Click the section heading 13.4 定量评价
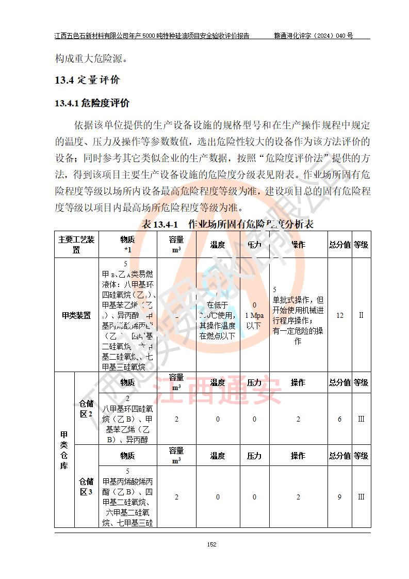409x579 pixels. tap(87, 80)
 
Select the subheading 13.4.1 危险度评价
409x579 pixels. tap(92, 103)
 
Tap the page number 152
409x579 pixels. tap(211, 544)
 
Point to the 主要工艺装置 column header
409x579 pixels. tap(76, 245)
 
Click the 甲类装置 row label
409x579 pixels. tap(76, 315)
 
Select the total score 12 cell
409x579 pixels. tap(339, 315)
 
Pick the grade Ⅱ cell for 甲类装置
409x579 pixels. tap(361, 315)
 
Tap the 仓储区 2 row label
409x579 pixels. tap(86, 409)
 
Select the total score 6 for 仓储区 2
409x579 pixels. tap(339, 419)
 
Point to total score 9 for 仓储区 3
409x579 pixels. tap(339, 497)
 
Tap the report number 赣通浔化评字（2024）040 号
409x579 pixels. tap(313, 36)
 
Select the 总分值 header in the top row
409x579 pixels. tap(339, 245)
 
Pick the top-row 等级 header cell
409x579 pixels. tap(361, 245)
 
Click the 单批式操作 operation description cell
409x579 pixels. tap(298, 315)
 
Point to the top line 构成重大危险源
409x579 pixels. tap(91, 58)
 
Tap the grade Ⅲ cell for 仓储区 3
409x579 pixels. tap(361, 497)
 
